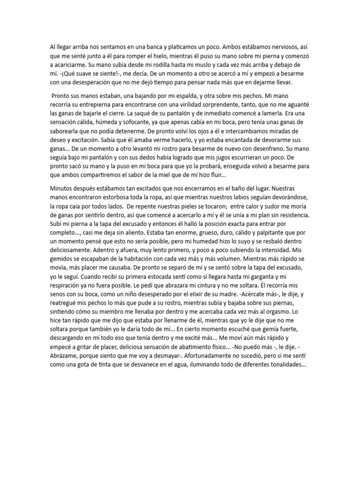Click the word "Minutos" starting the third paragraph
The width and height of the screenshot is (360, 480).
click(x=62, y=187)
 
